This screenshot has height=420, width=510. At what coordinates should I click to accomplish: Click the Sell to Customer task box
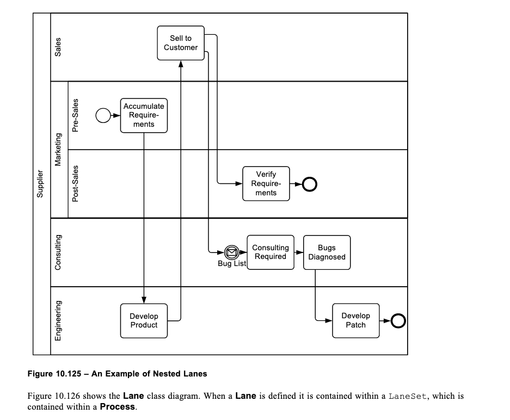pos(181,43)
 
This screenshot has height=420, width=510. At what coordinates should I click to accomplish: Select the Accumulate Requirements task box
pos(144,115)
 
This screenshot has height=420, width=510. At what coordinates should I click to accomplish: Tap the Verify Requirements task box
pos(266,184)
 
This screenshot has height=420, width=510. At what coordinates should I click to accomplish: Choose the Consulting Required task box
pos(271,252)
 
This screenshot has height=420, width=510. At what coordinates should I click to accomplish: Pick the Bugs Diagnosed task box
pos(327,252)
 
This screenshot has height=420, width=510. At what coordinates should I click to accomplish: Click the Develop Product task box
pos(144,320)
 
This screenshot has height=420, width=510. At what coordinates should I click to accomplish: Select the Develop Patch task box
pos(355,320)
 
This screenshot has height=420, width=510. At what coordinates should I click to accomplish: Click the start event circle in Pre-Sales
pos(103,115)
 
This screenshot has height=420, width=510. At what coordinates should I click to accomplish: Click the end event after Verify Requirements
pos(309,184)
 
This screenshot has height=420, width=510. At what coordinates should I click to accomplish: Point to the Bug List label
pos(232,264)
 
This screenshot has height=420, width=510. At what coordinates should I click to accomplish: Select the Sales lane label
pos(58,47)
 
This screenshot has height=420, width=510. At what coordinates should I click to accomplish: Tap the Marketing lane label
pos(58,150)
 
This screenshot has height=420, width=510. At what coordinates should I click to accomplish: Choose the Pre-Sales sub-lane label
pos(76,115)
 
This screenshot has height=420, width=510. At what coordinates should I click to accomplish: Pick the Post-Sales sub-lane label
pos(76,183)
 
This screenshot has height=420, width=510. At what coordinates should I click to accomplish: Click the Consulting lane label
pos(58,252)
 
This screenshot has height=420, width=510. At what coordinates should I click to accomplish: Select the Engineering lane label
pos(58,320)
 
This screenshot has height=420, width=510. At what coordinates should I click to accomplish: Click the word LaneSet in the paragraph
pos(408,396)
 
